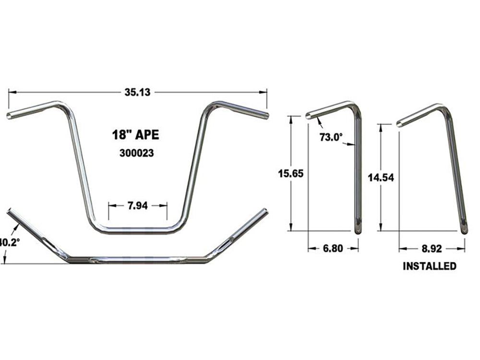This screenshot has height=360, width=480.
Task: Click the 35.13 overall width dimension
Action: (x=138, y=93)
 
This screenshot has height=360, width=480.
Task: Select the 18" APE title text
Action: (x=132, y=135)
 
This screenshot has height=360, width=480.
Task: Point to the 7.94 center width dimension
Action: (x=138, y=205)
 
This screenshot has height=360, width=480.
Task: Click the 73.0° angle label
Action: (x=331, y=137)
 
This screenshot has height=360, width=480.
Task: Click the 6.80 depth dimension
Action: (x=333, y=249)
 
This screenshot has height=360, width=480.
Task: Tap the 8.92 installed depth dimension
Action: (x=432, y=249)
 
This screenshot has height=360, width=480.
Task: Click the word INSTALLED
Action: (x=430, y=266)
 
